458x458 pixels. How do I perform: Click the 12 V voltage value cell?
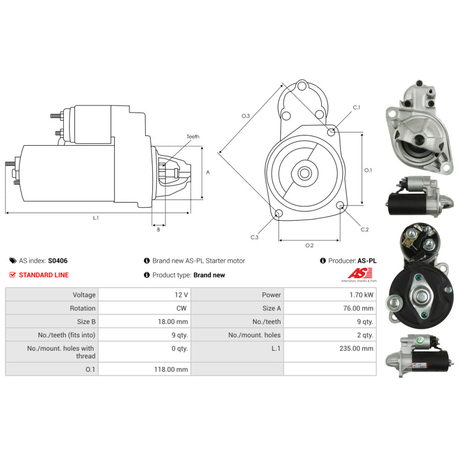(x=181, y=294)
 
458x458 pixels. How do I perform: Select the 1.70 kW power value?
(x=361, y=294)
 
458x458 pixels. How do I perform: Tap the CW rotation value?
(x=181, y=308)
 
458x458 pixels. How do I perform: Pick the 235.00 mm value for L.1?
(x=356, y=348)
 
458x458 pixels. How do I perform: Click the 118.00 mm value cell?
(x=171, y=369)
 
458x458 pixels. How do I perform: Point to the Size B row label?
(x=86, y=322)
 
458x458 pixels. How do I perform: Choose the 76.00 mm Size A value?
(x=358, y=308)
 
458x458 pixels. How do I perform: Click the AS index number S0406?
(x=58, y=261)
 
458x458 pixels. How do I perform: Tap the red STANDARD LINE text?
(x=44, y=275)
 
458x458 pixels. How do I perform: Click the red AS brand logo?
(x=360, y=273)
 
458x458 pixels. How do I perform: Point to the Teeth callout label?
(x=193, y=136)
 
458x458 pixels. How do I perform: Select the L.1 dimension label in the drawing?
(x=96, y=218)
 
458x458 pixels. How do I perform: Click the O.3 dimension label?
(x=245, y=116)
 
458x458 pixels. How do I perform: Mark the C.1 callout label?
(x=357, y=108)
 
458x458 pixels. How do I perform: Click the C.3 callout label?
(x=254, y=237)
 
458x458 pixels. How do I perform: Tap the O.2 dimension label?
(x=309, y=245)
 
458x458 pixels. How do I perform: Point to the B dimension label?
(x=158, y=229)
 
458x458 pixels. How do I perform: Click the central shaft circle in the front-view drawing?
(x=305, y=173)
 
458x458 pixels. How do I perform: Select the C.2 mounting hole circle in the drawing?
(x=340, y=205)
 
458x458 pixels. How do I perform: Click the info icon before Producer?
(x=323, y=261)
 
